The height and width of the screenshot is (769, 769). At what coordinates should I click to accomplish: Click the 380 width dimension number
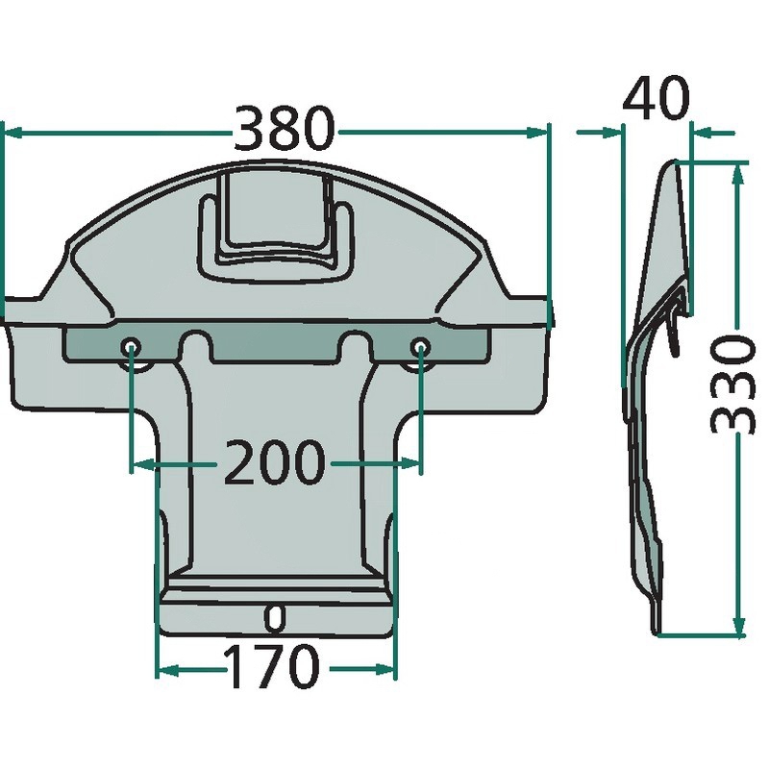click(x=285, y=128)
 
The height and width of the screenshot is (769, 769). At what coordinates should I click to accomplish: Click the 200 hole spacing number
click(x=275, y=461)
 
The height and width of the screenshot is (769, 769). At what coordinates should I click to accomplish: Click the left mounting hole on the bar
click(x=131, y=348)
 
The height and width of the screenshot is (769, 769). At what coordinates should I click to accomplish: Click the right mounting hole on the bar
click(x=420, y=348)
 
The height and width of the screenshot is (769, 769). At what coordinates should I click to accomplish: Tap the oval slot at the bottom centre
click(x=275, y=618)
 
